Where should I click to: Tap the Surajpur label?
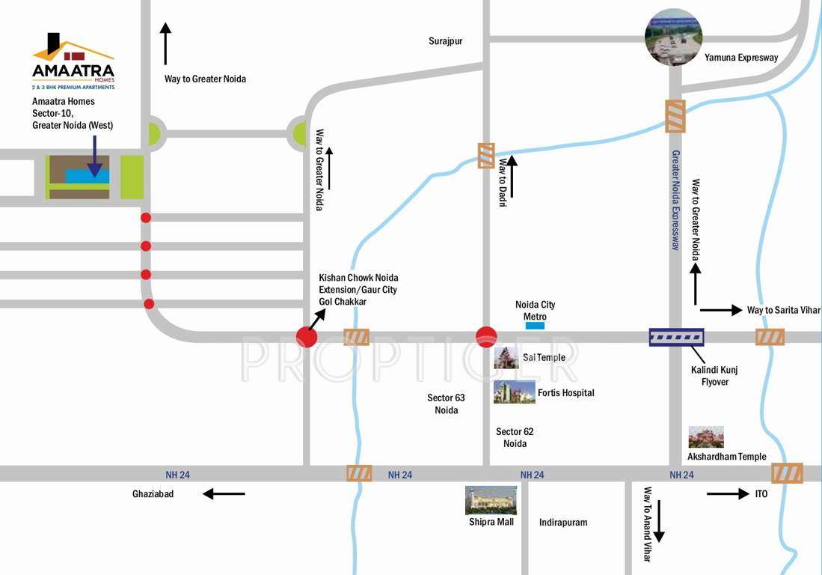(x=445, y=41)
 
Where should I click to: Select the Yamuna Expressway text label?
(x=741, y=58)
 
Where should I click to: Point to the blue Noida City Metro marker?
(x=535, y=326)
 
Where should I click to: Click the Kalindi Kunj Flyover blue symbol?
(x=676, y=337)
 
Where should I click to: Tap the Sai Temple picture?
(x=506, y=358)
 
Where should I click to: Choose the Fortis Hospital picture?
(x=514, y=392)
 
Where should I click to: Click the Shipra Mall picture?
(x=491, y=500)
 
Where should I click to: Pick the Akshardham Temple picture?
(x=706, y=437)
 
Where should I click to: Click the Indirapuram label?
(x=563, y=522)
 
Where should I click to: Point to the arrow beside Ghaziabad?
(x=224, y=493)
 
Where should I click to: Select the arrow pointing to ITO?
(x=727, y=493)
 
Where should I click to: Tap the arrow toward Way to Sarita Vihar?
(x=718, y=309)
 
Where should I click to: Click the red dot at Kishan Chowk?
(x=307, y=338)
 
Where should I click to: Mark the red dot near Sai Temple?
(x=486, y=337)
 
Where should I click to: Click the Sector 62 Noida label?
(x=515, y=437)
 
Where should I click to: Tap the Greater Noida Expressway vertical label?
(x=675, y=200)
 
